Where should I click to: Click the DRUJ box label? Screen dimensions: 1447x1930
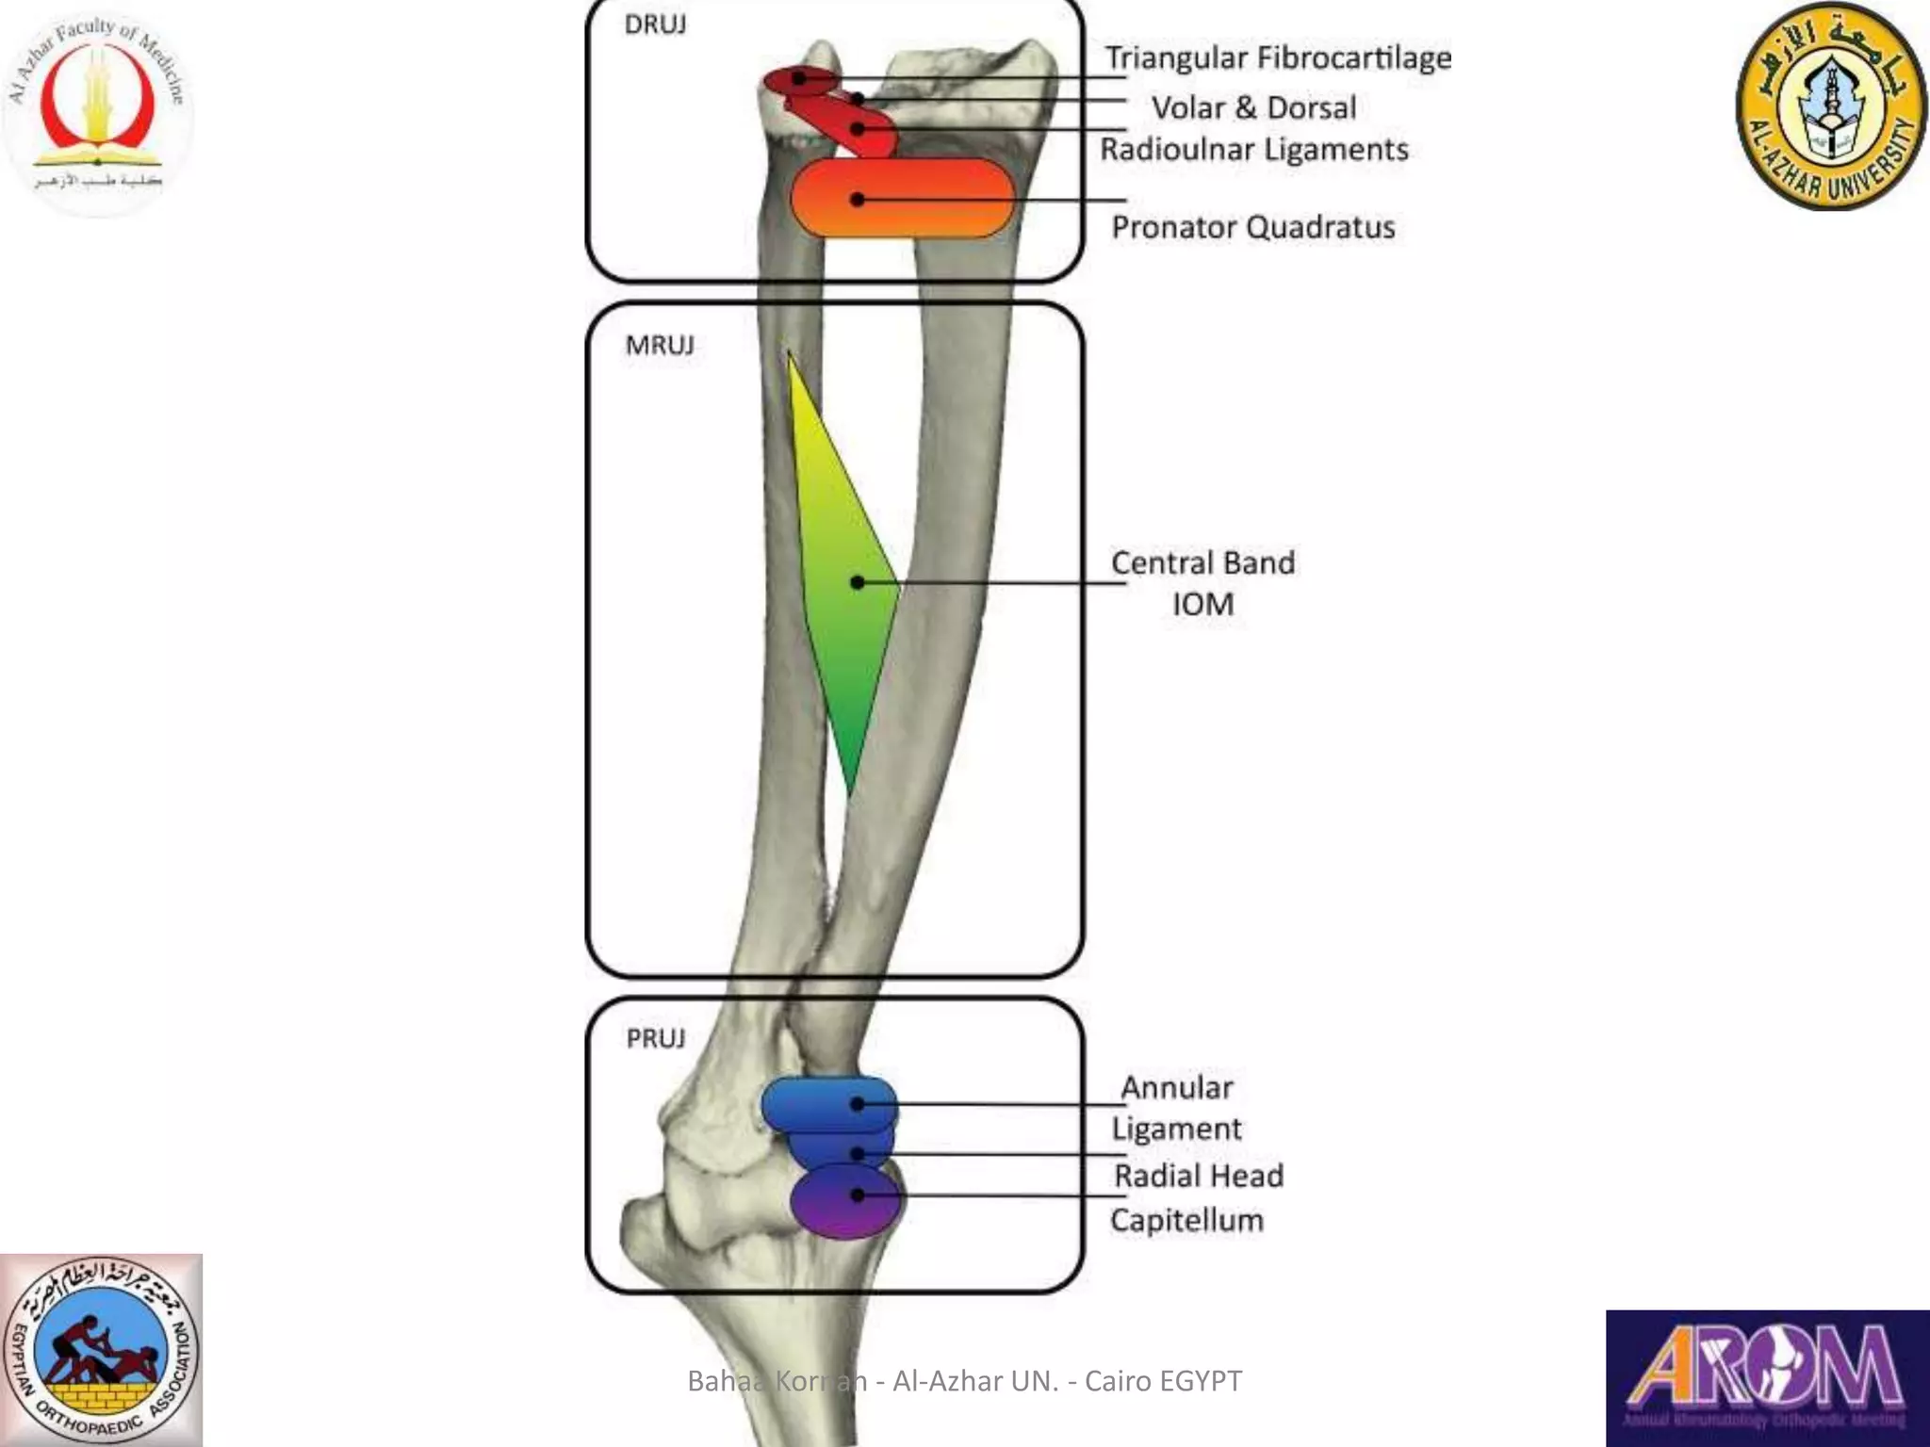[655, 24]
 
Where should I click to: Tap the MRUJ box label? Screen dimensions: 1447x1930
[660, 345]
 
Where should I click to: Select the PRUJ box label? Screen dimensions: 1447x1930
[656, 1038]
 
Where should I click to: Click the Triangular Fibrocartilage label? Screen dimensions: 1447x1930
[1278, 58]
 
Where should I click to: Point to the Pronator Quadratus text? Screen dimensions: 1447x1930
[1252, 227]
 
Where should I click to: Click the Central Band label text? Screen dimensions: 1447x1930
[1202, 562]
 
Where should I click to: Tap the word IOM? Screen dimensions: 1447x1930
[1202, 604]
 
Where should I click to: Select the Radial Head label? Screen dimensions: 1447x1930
[1198, 1176]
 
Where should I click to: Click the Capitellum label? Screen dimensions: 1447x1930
[1186, 1220]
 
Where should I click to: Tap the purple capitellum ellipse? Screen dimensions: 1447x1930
[845, 1201]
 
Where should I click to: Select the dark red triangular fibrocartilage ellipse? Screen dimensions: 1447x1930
[799, 81]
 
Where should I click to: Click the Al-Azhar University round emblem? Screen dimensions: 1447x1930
[1831, 106]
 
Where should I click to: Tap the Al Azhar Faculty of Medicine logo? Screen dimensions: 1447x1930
[97, 108]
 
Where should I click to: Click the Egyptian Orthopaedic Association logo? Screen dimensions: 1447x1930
[101, 1350]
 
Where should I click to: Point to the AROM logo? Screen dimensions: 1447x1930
[1767, 1377]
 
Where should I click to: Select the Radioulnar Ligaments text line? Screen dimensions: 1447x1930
[1253, 149]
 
